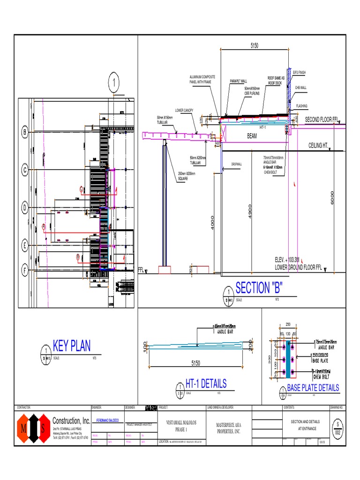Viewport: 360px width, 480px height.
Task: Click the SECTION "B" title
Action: coord(259,287)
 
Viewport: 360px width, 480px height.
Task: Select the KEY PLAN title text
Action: coord(72,346)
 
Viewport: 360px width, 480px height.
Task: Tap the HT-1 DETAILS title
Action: coord(206,383)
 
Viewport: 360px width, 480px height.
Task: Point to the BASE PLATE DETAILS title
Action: coord(313,388)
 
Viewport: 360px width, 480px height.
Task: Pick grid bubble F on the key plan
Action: coord(24,270)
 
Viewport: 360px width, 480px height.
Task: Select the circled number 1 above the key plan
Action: coord(113,84)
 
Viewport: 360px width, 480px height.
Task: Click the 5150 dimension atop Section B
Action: coord(255,45)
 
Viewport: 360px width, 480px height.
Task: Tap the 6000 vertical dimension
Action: coord(333,196)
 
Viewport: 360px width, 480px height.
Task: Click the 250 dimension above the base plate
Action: coord(288,325)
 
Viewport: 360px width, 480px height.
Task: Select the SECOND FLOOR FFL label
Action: coord(321,120)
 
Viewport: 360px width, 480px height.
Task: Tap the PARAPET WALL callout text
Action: coord(238,81)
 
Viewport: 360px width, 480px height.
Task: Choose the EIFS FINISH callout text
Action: coord(299,73)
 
